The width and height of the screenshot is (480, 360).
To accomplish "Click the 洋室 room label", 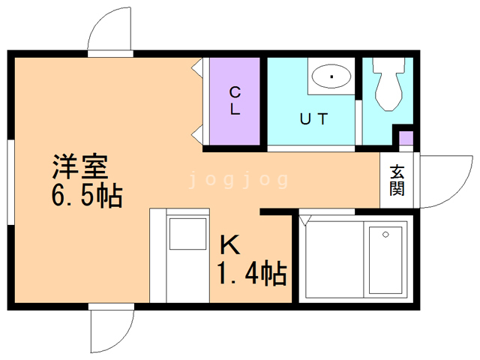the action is tap(80, 166).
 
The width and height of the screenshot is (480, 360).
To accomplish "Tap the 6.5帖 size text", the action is tap(87, 196).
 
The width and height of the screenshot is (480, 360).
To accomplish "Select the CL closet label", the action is tap(235, 100).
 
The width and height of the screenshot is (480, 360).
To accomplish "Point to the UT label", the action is tap(314, 118).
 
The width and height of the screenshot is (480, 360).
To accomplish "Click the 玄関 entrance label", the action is tap(397, 180).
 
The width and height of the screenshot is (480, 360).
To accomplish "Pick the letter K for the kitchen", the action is tap(230, 245).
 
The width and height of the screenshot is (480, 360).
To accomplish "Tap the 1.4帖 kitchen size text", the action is tap(252, 273).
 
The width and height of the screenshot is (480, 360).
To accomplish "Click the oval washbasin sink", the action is tap(331, 76).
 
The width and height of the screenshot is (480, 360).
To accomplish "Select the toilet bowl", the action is tap(388, 84).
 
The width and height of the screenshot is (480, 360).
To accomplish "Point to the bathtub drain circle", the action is tap(385, 235).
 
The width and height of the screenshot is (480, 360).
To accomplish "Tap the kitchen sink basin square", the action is tap(187, 234).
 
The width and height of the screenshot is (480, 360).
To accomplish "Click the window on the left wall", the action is tap(11, 182).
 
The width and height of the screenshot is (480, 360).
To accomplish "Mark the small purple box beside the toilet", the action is tap(406, 138).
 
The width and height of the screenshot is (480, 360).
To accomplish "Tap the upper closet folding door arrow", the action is tap(197, 67).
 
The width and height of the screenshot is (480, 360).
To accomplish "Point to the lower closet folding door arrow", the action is tap(197, 134).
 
